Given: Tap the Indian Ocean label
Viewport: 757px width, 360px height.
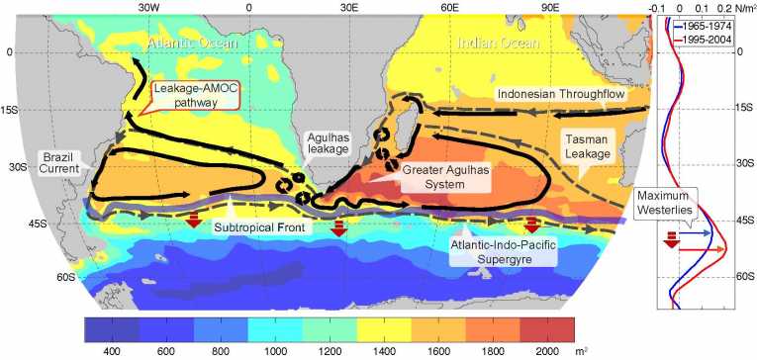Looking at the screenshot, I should (x=501, y=45).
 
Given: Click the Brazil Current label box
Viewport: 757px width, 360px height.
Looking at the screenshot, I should (x=60, y=165).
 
